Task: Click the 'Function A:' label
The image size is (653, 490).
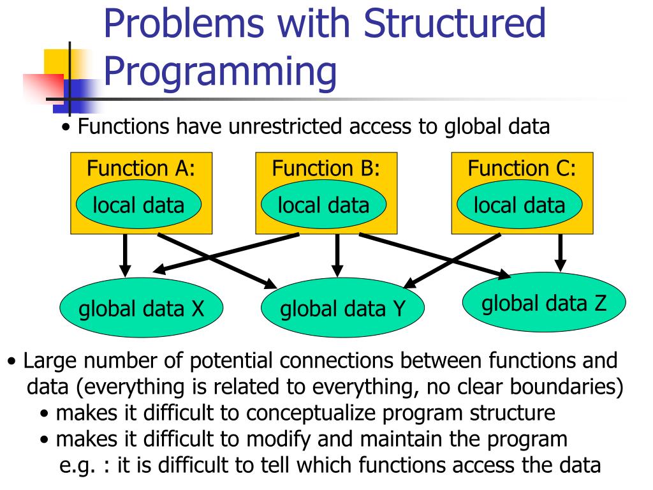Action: pos(141,168)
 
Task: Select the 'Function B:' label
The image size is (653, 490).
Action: pos(326,168)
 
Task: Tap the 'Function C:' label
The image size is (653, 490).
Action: pos(522,168)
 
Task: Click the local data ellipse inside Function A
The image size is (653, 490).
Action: pos(138,205)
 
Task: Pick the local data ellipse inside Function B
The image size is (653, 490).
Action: pos(324,205)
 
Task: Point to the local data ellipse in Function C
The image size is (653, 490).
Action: pos(520,205)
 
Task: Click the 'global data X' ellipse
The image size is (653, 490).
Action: pos(141,309)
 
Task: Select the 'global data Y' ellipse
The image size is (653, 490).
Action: pos(343,310)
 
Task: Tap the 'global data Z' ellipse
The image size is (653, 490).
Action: pos(544,302)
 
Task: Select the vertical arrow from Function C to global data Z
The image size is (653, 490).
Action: pos(561,251)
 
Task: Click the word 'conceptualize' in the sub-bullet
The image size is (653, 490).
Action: pos(316,413)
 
